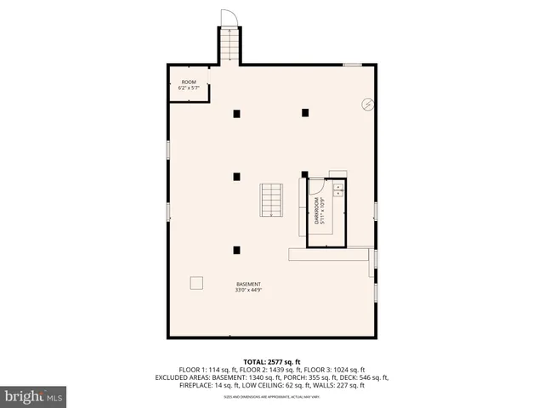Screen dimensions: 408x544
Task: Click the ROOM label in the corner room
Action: pos(187,82)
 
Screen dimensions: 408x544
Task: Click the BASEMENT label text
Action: pos(249,284)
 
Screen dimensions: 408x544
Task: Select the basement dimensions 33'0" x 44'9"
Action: pos(249,291)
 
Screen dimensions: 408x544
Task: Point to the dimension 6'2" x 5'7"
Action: pos(187,88)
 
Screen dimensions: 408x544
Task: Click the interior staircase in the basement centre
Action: pos(271,200)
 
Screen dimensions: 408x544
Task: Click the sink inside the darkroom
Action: pos(337,189)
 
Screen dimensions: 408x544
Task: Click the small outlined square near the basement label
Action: pos(196,283)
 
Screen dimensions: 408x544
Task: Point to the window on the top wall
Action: pos(353,64)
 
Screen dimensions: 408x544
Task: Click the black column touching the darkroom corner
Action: pos(304,174)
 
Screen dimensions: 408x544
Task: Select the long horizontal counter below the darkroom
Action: pos(331,253)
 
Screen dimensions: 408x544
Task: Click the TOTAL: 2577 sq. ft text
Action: pos(271,360)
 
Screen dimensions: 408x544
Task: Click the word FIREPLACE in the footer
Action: pos(173,386)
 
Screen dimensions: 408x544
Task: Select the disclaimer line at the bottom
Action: pos(271,397)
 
